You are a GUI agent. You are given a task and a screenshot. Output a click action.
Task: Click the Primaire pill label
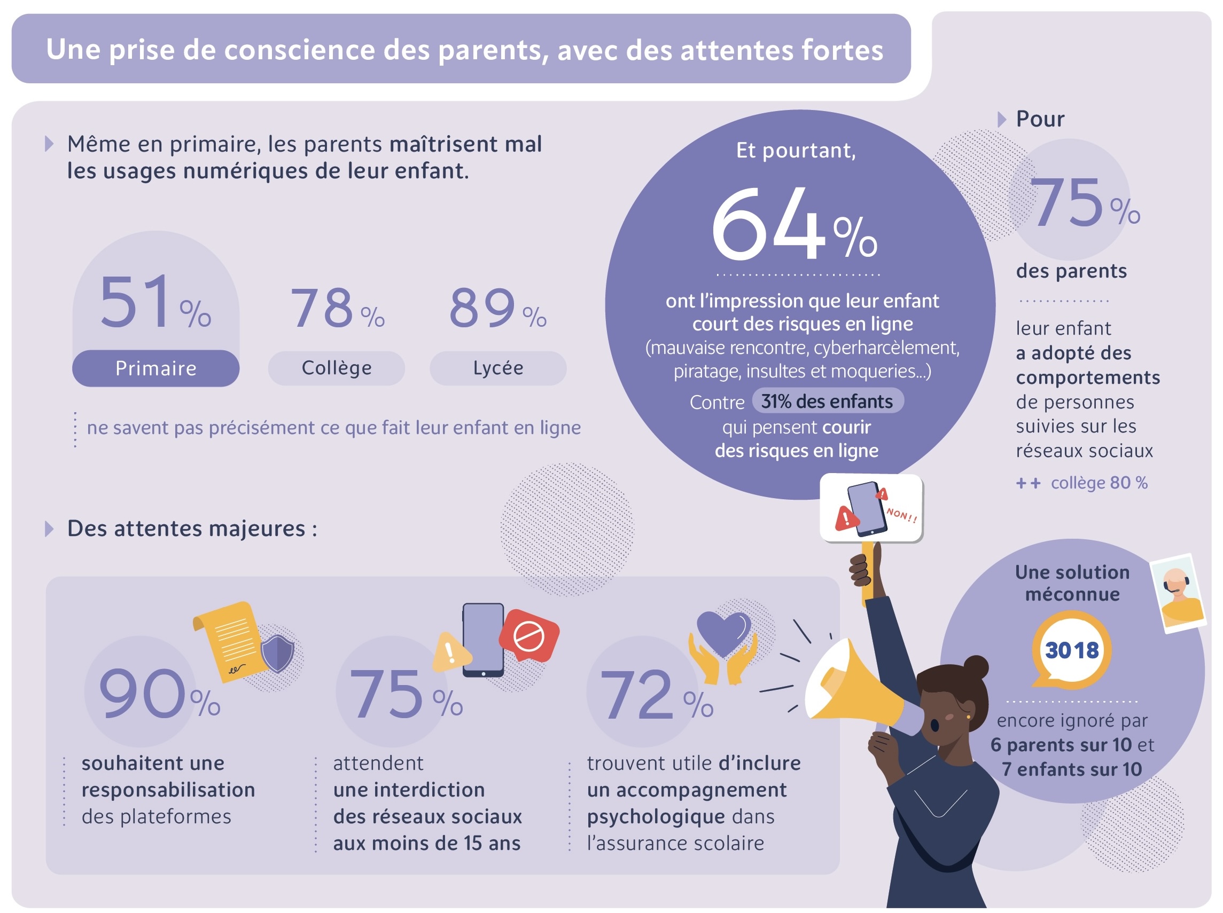pyautogui.click(x=155, y=368)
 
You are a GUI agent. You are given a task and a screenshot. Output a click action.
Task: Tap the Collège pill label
pyautogui.click(x=336, y=368)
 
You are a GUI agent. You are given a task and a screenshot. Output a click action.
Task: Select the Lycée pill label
pyautogui.click(x=497, y=368)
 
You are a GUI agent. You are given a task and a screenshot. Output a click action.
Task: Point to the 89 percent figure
pyautogui.click(x=497, y=308)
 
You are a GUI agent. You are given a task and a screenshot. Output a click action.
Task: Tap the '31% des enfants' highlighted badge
pyautogui.click(x=827, y=401)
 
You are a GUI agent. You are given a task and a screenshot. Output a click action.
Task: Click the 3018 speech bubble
pyautogui.click(x=1071, y=650)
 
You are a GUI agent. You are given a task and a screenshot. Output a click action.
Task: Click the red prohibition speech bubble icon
pyautogui.click(x=529, y=635)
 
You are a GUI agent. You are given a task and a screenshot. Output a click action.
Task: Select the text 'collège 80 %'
pyautogui.click(x=1099, y=483)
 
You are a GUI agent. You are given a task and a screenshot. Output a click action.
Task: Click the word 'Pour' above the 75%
pyautogui.click(x=1039, y=120)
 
